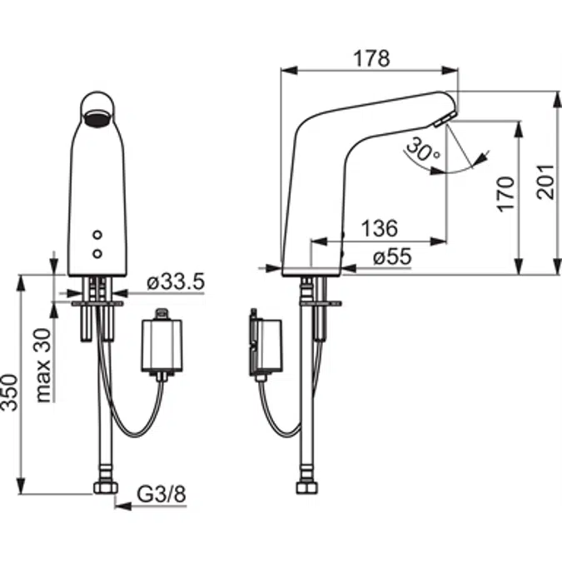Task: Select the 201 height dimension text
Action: (x=545, y=181)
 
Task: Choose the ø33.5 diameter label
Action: (x=175, y=281)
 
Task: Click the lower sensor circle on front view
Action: (x=99, y=251)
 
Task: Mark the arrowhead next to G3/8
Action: (x=121, y=505)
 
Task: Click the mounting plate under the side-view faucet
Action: (x=318, y=304)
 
